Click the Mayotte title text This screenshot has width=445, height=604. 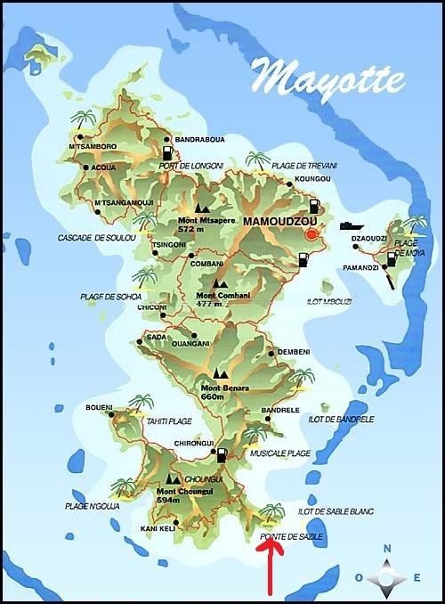coord(329,77)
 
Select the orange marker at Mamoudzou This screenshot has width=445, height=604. coord(311,234)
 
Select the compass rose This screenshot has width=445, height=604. coord(387,577)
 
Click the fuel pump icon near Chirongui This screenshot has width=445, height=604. coord(220,456)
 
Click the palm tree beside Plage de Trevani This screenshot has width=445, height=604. coord(256,161)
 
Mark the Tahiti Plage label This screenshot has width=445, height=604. coord(168,424)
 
